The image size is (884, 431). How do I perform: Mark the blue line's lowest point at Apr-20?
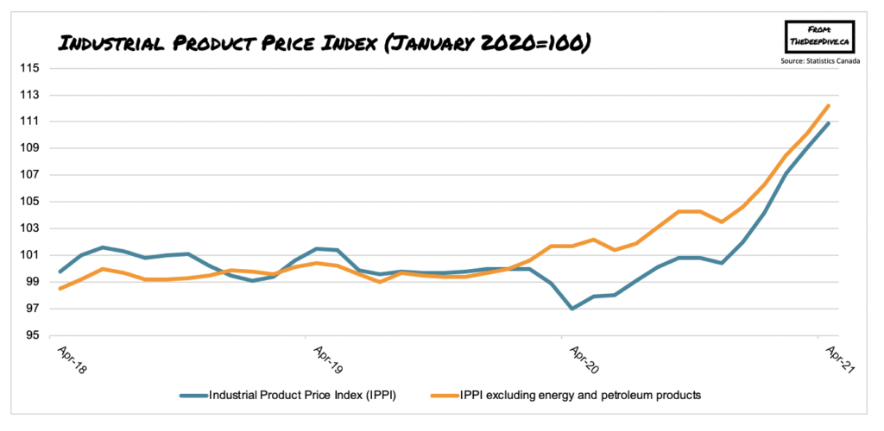(x=571, y=309)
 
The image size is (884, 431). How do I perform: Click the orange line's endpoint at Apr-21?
(x=829, y=106)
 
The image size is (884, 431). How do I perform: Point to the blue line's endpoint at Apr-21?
(x=829, y=122)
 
